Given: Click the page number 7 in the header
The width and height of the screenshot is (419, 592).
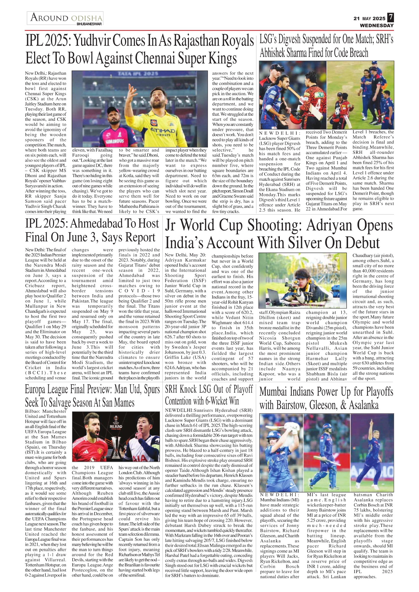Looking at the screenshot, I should pos(391,18).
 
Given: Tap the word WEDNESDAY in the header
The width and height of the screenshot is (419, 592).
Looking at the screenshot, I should pos(377,25).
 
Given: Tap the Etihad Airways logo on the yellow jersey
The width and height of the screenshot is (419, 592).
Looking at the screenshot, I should pos(163,131).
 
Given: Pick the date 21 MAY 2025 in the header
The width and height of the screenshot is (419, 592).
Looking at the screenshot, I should pos(369,19).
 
